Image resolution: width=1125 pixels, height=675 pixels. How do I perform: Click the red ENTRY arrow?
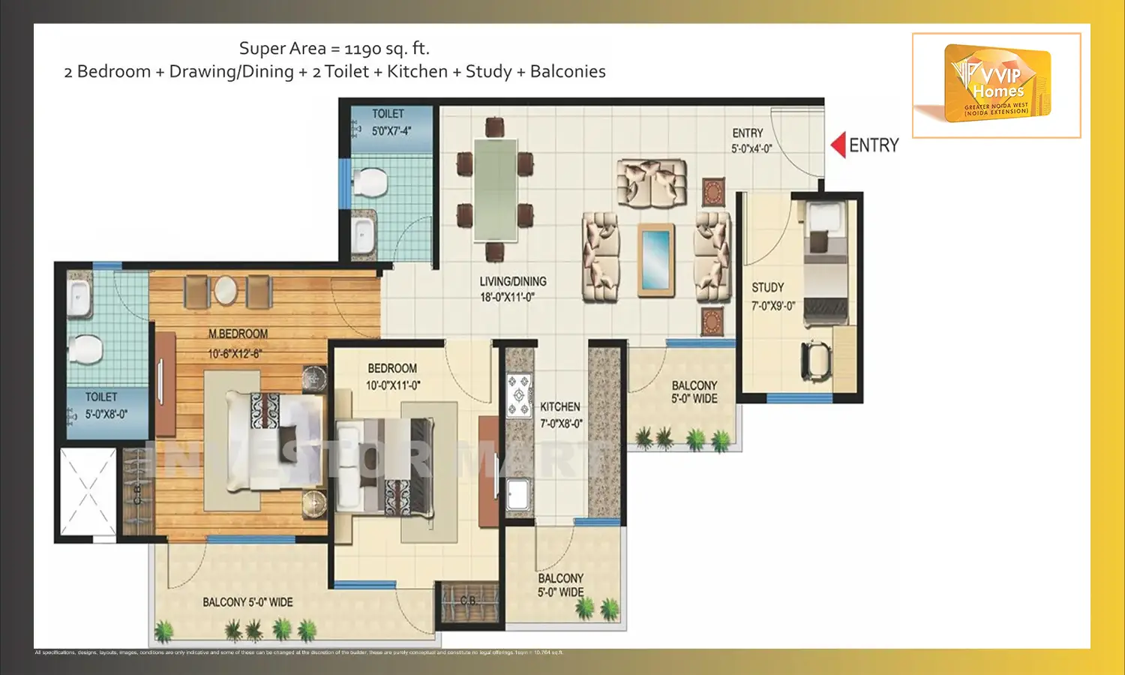tap(838, 145)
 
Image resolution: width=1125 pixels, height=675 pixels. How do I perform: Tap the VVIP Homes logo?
tap(997, 84)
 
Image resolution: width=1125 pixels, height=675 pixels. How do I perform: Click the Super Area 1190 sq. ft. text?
tap(334, 49)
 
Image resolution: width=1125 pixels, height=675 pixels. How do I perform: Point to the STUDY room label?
tap(768, 288)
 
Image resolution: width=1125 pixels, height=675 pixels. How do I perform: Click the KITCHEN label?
tap(560, 407)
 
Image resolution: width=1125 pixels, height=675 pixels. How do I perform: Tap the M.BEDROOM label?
tap(238, 334)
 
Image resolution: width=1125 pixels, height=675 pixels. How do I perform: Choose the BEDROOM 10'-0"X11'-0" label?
tap(392, 376)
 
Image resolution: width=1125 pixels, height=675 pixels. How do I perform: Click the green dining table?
tap(495, 190)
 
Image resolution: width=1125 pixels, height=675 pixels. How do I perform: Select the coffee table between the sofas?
tap(655, 259)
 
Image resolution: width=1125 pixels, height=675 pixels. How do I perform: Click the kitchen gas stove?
tap(518, 395)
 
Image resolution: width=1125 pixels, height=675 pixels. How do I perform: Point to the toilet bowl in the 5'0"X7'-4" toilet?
tap(369, 181)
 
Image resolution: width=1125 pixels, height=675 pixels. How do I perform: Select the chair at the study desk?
tap(817, 361)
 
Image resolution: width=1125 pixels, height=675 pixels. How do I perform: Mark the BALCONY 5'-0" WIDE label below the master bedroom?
tap(247, 602)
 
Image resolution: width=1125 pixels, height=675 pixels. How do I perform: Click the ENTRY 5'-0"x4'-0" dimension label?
tap(751, 148)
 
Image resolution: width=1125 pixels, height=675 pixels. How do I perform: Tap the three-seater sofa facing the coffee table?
tap(652, 182)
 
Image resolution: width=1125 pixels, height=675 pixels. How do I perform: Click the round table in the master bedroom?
tap(226, 289)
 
